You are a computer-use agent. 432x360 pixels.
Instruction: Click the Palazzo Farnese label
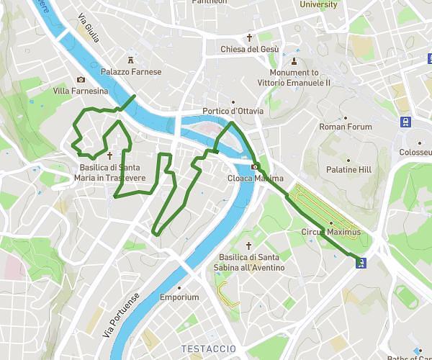click(131, 72)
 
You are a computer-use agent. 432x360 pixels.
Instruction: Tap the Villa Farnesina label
click(80, 91)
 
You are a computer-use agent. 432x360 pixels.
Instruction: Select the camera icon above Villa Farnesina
click(81, 80)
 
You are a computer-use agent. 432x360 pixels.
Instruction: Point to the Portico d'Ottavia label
click(233, 111)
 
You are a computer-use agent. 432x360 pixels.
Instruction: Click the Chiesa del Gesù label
click(250, 49)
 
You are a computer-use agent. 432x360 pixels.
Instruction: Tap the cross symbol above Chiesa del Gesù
click(250, 37)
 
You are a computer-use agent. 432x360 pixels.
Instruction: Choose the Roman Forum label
click(346, 127)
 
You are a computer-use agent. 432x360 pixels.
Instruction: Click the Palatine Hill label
click(348, 170)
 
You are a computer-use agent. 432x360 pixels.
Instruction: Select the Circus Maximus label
click(331, 233)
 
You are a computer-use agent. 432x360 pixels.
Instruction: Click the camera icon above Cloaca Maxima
click(255, 167)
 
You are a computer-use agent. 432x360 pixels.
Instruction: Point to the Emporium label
click(179, 297)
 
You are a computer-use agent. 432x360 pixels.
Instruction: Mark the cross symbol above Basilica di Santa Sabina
click(249, 246)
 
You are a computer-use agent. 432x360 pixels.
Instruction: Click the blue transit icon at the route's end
click(361, 263)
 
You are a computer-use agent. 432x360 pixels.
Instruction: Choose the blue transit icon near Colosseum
click(407, 122)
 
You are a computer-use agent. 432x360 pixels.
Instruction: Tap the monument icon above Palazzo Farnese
click(131, 60)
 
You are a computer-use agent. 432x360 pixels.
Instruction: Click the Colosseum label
click(415, 153)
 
